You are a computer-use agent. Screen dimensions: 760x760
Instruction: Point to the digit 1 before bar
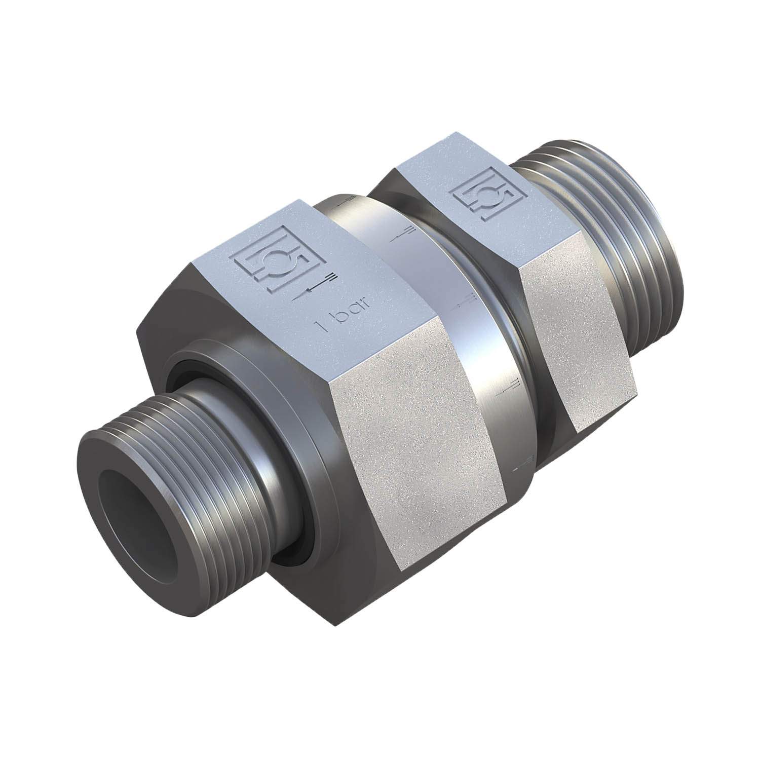point(318,325)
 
